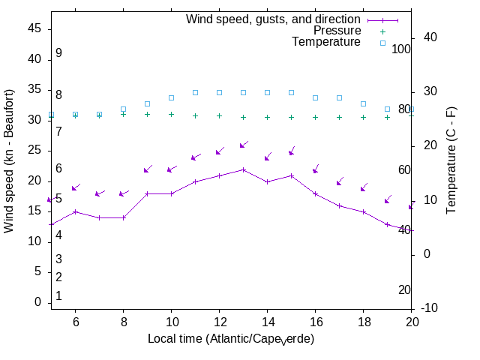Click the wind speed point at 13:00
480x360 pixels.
[x=243, y=169]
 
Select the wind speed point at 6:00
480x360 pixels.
[x=75, y=211]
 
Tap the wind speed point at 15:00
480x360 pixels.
[x=291, y=175]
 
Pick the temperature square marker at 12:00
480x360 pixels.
[x=219, y=92]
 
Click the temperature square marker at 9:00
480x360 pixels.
[x=147, y=103]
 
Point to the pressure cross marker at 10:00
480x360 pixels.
[x=171, y=114]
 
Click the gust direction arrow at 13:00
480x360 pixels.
[x=243, y=145]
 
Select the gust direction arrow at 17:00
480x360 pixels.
[x=339, y=182]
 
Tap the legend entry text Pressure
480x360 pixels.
[x=337, y=31]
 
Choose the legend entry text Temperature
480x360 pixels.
[x=326, y=42]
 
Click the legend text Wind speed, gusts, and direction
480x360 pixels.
[x=273, y=19]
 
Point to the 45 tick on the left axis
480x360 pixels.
[x=34, y=28]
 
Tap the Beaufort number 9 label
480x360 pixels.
[x=58, y=53]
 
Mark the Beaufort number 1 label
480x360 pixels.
[x=58, y=296]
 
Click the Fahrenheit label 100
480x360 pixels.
[x=401, y=49]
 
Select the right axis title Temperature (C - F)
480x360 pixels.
[x=451, y=159]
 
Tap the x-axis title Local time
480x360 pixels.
[x=230, y=339]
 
